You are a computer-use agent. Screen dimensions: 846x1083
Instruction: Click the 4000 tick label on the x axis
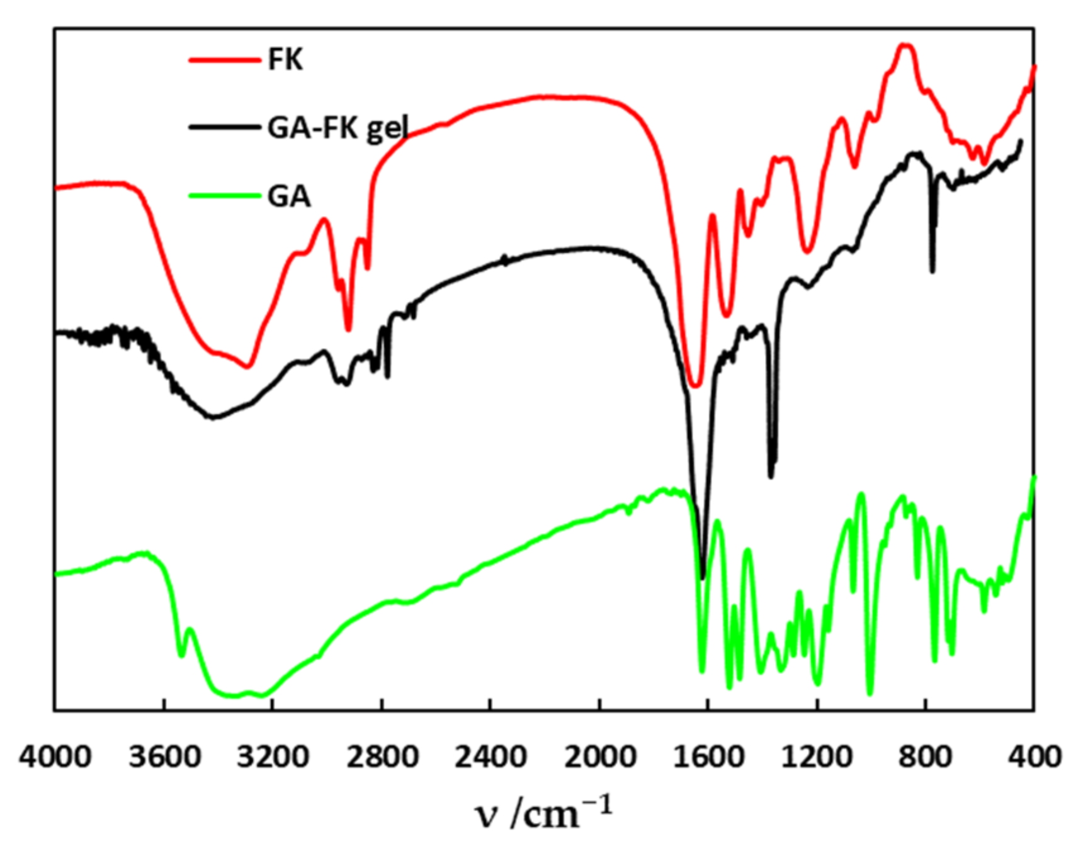[x=55, y=755]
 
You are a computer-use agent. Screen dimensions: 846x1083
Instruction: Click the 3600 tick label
[x=165, y=755]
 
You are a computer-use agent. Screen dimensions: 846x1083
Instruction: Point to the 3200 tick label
[x=273, y=755]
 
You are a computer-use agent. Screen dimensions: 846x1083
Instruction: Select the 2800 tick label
[x=382, y=755]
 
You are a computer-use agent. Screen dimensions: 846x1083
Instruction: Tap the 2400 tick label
[x=490, y=755]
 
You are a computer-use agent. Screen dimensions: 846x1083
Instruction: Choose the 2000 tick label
[x=599, y=755]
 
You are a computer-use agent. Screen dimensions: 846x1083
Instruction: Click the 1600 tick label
[x=708, y=755]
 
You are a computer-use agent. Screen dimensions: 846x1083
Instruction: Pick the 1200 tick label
[x=817, y=755]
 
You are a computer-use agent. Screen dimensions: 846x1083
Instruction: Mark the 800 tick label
[x=926, y=755]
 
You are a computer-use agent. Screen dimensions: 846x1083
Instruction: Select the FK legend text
[x=285, y=60]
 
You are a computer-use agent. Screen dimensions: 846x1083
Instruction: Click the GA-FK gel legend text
[x=338, y=128]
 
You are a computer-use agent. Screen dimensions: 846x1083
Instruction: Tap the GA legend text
[x=289, y=197]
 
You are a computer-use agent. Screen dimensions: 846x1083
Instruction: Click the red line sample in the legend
[x=224, y=60]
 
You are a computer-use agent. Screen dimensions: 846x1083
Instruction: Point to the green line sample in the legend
[x=224, y=196]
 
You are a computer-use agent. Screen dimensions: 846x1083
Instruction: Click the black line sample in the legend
[x=224, y=128]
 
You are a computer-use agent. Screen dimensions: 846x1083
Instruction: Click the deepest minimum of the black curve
[x=703, y=576]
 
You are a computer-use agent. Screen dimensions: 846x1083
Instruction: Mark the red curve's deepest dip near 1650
[x=695, y=385]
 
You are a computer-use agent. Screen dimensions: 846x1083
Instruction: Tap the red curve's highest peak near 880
[x=905, y=45]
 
